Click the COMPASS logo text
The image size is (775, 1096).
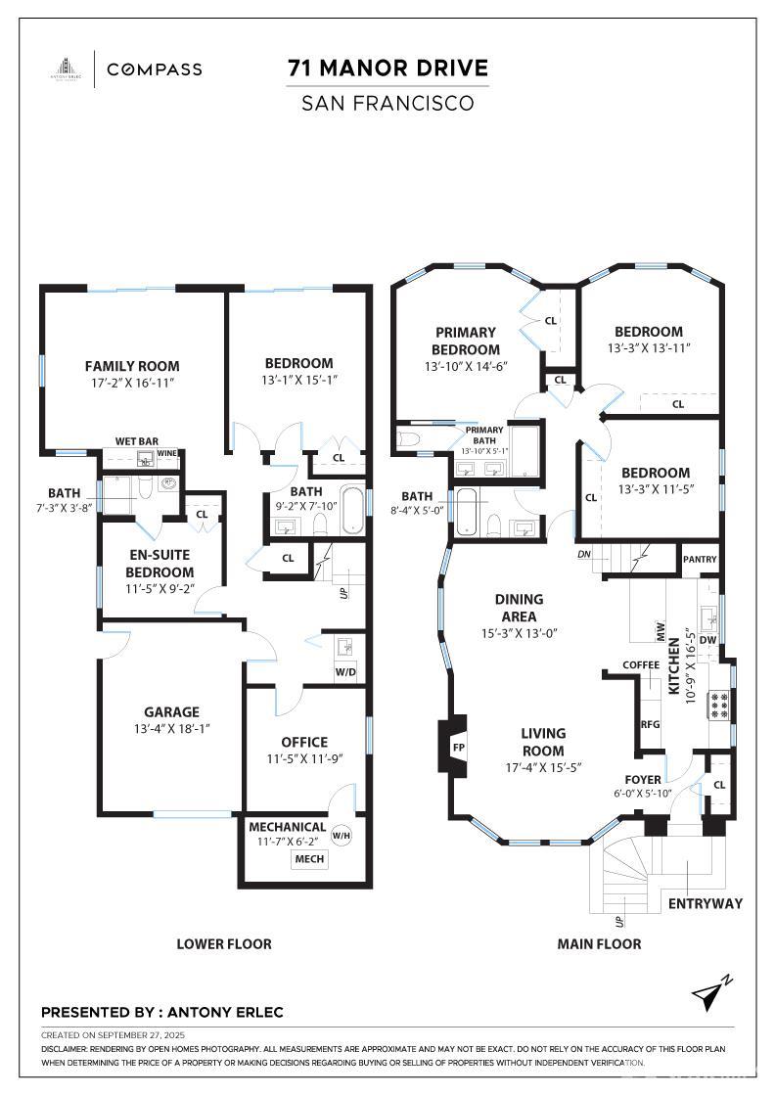click(x=155, y=69)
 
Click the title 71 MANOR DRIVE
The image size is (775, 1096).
click(x=387, y=68)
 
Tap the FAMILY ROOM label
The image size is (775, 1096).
click(x=132, y=366)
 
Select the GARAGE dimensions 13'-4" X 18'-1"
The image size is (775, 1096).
click(x=171, y=728)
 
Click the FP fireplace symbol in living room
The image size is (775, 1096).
click(x=458, y=749)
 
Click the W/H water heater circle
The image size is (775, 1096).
click(x=341, y=836)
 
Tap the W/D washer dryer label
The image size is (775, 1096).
click(x=346, y=672)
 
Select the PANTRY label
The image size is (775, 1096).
click(x=701, y=560)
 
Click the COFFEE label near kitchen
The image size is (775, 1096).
click(x=642, y=665)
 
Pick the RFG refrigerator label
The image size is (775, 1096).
click(x=650, y=725)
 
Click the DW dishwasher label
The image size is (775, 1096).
click(x=708, y=641)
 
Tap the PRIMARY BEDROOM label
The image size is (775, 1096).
click(x=466, y=341)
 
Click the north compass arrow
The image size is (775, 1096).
click(x=710, y=993)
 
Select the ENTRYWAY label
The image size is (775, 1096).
click(x=705, y=903)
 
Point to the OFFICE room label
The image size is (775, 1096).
click(x=304, y=742)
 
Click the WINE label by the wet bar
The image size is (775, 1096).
click(x=168, y=454)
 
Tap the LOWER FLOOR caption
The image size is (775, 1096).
click(x=224, y=944)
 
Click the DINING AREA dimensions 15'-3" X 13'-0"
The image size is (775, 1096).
click(x=519, y=632)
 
